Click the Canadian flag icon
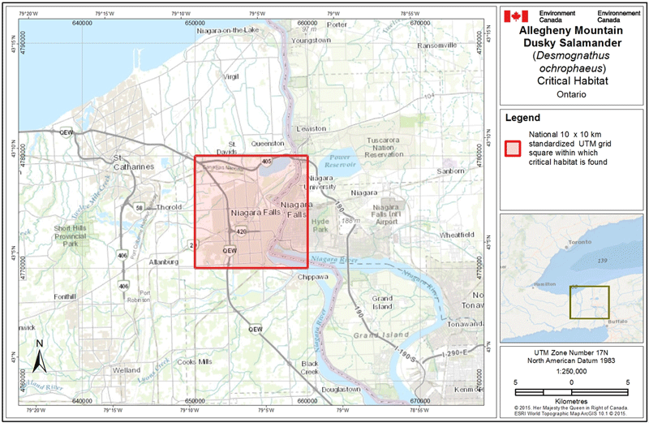pyautogui.click(x=516, y=16)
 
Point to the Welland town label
pyautogui.click(x=127, y=369)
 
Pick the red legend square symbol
pyautogui.click(x=514, y=147)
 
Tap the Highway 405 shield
pyautogui.click(x=267, y=162)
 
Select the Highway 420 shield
pyautogui.click(x=242, y=231)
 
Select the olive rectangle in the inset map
pyautogui.click(x=588, y=302)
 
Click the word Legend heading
pyautogui.click(x=523, y=118)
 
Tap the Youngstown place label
pyautogui.click(x=312, y=40)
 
